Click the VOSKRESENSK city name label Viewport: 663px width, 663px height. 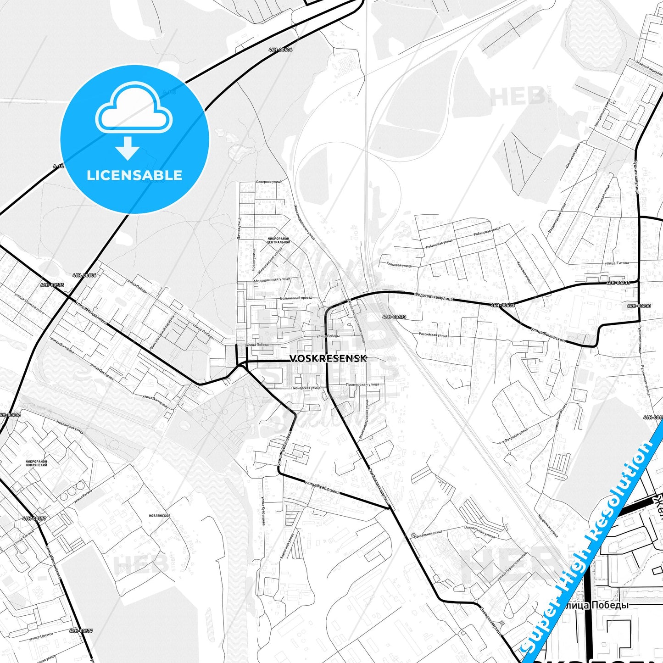pos(328,358)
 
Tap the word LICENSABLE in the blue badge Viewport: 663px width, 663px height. pos(134,175)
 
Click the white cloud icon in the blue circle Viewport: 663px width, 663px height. pos(134,108)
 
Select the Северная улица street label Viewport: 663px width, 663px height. pos(269,182)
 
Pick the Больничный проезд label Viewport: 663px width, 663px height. pos(295,298)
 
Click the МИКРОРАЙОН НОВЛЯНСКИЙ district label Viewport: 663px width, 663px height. pos(36,463)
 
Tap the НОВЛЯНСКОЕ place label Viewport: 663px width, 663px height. pos(160,516)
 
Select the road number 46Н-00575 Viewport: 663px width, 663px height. pos(52,285)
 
